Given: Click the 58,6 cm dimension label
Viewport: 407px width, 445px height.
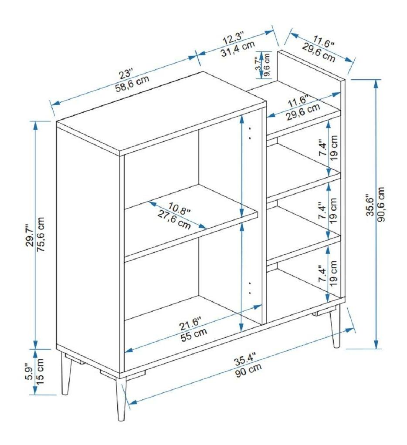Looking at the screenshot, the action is click(132, 84).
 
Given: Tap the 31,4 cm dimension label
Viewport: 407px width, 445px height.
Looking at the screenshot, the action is click(238, 49).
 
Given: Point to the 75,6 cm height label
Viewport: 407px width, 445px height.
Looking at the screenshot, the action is click(41, 235).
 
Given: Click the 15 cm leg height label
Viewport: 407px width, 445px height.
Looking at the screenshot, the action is click(40, 371).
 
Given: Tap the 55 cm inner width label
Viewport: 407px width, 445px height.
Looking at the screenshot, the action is click(194, 334).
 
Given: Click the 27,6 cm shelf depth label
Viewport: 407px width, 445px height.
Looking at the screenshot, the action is click(174, 219).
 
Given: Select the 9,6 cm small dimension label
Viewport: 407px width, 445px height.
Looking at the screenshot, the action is click(267, 65).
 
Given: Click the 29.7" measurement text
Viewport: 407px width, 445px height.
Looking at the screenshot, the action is click(30, 236).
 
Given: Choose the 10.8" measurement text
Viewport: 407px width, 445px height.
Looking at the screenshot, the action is click(179, 208).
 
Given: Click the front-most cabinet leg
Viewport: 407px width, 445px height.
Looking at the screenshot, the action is click(121, 399).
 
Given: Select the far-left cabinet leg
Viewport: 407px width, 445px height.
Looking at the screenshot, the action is click(66, 374).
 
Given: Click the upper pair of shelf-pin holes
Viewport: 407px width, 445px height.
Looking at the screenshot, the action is click(250, 133).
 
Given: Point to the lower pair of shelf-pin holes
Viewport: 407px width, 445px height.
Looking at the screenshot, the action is click(250, 287).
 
